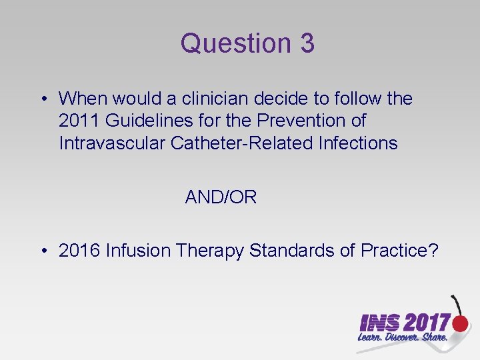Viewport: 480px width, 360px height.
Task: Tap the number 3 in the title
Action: pyautogui.click(x=307, y=44)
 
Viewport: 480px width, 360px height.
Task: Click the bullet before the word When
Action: pyautogui.click(x=43, y=99)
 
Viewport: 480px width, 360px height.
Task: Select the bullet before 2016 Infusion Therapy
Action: pyautogui.click(x=43, y=251)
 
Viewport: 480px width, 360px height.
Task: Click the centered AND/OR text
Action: pyautogui.click(x=221, y=197)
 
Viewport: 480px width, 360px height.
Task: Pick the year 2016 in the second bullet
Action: pyautogui.click(x=79, y=251)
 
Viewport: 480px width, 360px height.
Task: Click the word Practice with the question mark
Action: pyautogui.click(x=399, y=251)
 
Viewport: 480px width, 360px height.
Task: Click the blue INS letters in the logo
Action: pyautogui.click(x=380, y=323)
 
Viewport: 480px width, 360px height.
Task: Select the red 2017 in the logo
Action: pyautogui.click(x=427, y=323)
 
